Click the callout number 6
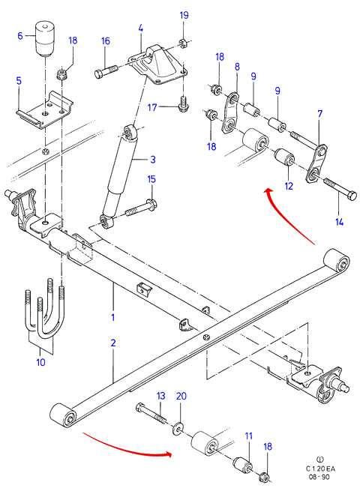click(x=20, y=36)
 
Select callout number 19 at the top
click(x=184, y=15)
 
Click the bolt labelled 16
click(x=106, y=71)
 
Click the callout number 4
click(x=141, y=28)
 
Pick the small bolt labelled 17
click(x=183, y=103)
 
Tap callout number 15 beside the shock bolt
click(x=151, y=179)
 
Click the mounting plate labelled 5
click(x=44, y=110)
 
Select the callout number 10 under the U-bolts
click(x=40, y=362)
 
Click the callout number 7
click(x=319, y=114)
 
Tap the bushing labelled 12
click(x=284, y=157)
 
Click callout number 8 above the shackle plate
click(x=237, y=67)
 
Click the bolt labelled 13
click(x=151, y=413)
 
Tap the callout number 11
click(x=248, y=436)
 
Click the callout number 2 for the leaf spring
click(x=113, y=343)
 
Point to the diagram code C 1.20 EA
click(x=320, y=469)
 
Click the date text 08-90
click(x=319, y=477)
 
